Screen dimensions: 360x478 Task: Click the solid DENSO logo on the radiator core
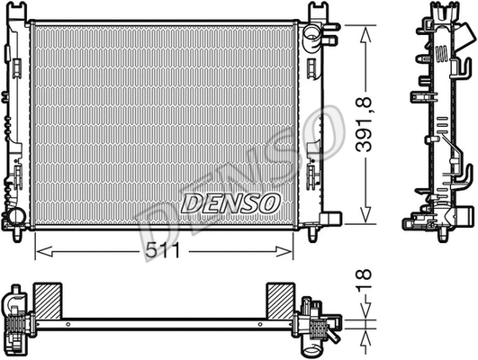[230, 202]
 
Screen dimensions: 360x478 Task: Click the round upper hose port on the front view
[311, 38]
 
